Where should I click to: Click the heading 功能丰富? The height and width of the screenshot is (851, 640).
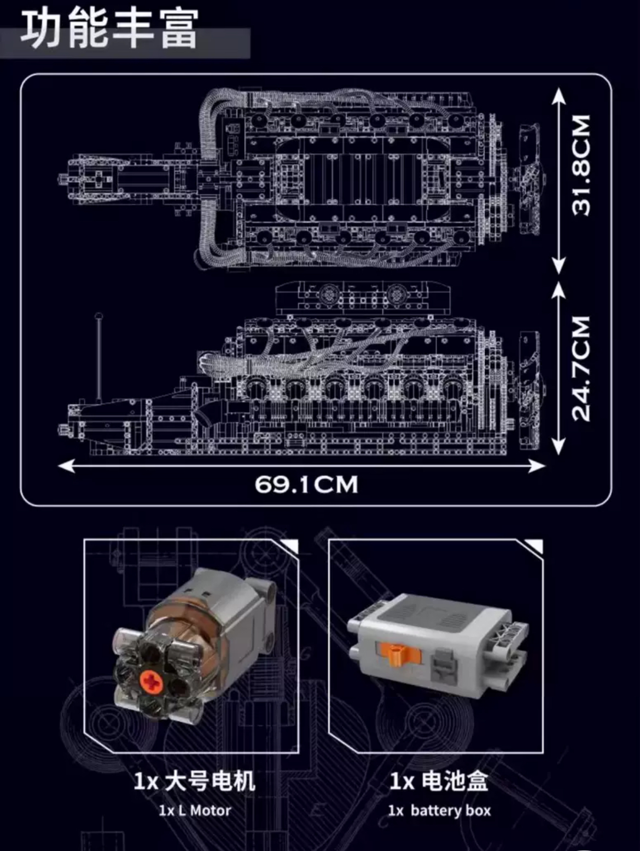tap(109, 30)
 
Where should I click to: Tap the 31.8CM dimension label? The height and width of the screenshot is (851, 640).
tap(581, 164)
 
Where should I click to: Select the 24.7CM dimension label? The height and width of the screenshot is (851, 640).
tap(581, 368)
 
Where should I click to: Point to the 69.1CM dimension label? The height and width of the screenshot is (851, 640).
tap(306, 484)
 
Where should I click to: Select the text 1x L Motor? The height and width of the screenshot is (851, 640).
tap(195, 811)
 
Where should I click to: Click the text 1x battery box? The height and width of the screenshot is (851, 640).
tap(439, 811)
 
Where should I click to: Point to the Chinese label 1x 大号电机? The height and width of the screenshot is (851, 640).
tap(194, 781)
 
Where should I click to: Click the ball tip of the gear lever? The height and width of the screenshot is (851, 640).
tap(99, 316)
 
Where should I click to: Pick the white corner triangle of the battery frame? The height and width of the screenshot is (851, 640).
tap(535, 546)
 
